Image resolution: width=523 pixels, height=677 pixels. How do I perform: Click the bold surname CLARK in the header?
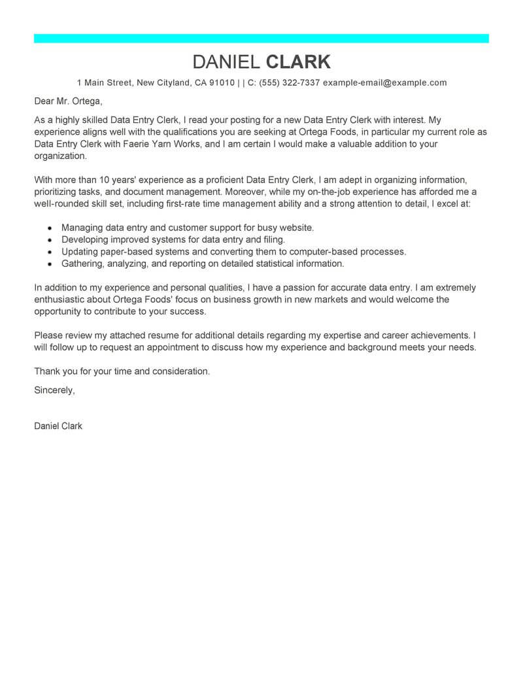[x=298, y=61]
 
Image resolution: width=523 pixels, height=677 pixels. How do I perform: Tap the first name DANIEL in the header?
[x=227, y=61]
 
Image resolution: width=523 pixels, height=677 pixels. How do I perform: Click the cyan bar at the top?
[x=261, y=39]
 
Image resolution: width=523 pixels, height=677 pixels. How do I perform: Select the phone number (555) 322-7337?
[x=288, y=83]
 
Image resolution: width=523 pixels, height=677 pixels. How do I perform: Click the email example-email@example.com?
[x=385, y=83]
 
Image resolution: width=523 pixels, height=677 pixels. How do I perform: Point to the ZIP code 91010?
[x=222, y=83]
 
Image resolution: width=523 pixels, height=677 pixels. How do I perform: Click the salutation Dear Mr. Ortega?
[x=69, y=102]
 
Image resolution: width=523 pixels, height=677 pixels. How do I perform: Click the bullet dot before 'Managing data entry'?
[x=50, y=228]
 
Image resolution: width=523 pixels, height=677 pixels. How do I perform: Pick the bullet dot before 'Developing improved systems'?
[x=50, y=240]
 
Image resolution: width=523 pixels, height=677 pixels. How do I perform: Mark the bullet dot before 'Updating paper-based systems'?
[x=50, y=252]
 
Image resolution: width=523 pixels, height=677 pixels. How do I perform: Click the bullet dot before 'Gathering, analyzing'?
[x=50, y=264]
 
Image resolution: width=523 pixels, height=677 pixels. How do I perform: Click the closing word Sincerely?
[x=54, y=390]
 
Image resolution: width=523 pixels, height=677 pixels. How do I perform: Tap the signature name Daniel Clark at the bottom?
[x=58, y=426]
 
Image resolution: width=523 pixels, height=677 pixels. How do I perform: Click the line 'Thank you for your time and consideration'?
[x=122, y=371]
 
